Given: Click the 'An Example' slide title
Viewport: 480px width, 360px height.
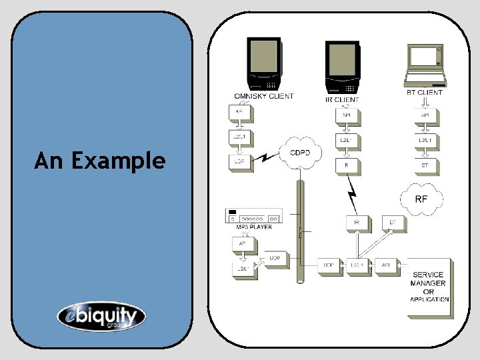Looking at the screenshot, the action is click(x=100, y=161).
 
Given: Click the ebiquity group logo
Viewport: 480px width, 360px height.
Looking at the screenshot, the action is click(x=101, y=316).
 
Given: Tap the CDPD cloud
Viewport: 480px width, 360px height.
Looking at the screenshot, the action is click(x=300, y=154).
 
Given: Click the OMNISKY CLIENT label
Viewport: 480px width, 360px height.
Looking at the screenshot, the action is click(x=263, y=96).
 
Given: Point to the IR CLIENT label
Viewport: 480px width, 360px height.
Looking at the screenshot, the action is click(x=342, y=100).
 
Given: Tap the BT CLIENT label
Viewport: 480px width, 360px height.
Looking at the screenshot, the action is click(x=425, y=93).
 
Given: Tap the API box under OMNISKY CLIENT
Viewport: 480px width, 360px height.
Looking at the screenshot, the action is click(x=239, y=113).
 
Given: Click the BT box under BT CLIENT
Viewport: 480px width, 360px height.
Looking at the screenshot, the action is click(x=425, y=164).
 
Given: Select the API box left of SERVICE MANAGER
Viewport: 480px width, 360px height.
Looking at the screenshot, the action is click(x=385, y=266).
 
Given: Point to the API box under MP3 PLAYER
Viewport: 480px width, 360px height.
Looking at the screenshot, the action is click(x=241, y=245).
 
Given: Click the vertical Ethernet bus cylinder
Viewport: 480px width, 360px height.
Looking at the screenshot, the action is click(x=301, y=227).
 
